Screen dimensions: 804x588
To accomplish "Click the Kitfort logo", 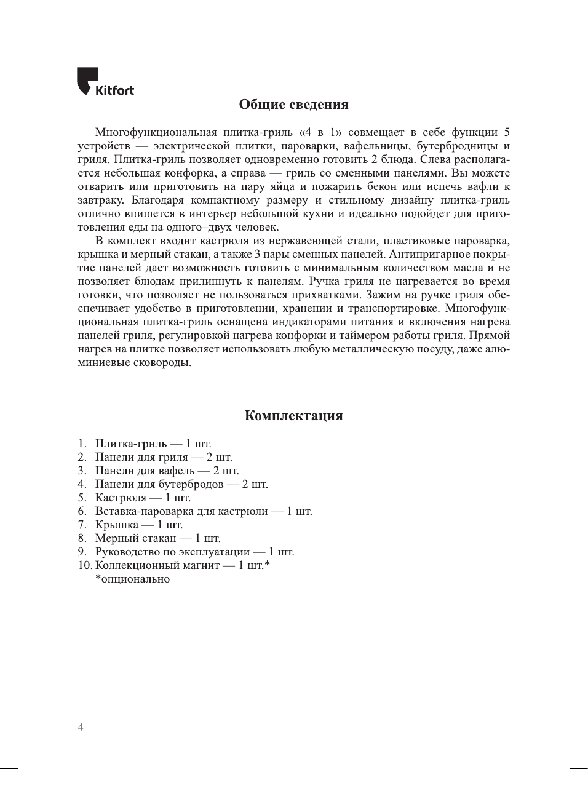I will click(105, 82).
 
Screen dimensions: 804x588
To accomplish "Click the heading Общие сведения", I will click(293, 105).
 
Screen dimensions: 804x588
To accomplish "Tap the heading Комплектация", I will click(293, 416).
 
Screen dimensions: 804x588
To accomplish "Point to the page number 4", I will click(81, 727).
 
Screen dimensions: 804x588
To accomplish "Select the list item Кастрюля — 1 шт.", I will click(143, 498).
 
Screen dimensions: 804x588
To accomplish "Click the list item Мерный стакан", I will click(157, 538).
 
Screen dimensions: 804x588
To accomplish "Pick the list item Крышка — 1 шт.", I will click(138, 525).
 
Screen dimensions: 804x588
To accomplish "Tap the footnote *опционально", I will click(132, 579).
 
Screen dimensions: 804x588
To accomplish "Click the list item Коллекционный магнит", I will click(182, 565).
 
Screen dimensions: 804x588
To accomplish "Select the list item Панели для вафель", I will click(167, 471).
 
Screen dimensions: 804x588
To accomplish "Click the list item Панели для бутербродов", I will click(181, 484).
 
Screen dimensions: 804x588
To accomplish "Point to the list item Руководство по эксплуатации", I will click(194, 552).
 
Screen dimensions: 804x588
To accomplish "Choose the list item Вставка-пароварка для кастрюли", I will click(204, 511).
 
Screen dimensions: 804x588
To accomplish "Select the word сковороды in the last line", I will click(162, 362).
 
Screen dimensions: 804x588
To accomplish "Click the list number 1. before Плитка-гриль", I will click(82, 444).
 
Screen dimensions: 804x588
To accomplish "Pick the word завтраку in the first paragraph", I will click(100, 200).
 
